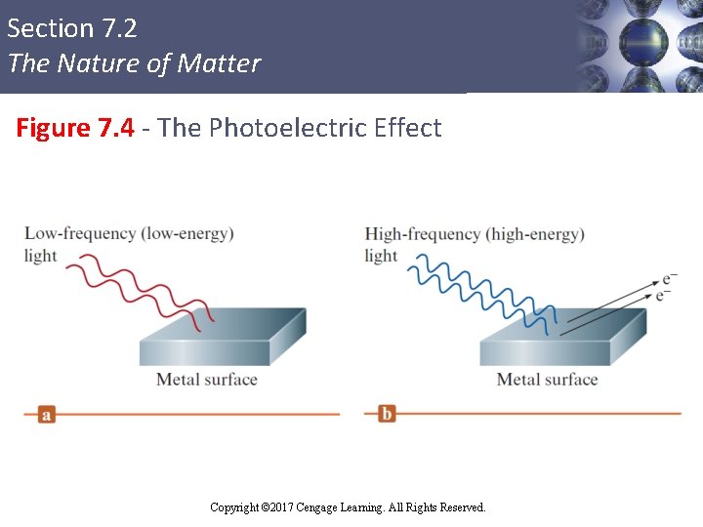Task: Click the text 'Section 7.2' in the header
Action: point(72,29)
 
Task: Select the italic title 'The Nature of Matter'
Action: point(134,64)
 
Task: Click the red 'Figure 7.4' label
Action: point(74,128)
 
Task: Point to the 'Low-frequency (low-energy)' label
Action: point(129,234)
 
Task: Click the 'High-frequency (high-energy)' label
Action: point(475,234)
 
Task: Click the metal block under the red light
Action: point(222,340)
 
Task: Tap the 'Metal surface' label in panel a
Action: point(207,380)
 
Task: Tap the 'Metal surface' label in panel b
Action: point(547,380)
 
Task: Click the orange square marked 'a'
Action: point(46,414)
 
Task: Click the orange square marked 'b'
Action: point(387,414)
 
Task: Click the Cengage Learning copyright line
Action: point(348,507)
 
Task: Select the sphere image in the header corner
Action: point(639,46)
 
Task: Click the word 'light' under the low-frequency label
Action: point(41,256)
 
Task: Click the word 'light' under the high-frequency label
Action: point(381,256)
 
